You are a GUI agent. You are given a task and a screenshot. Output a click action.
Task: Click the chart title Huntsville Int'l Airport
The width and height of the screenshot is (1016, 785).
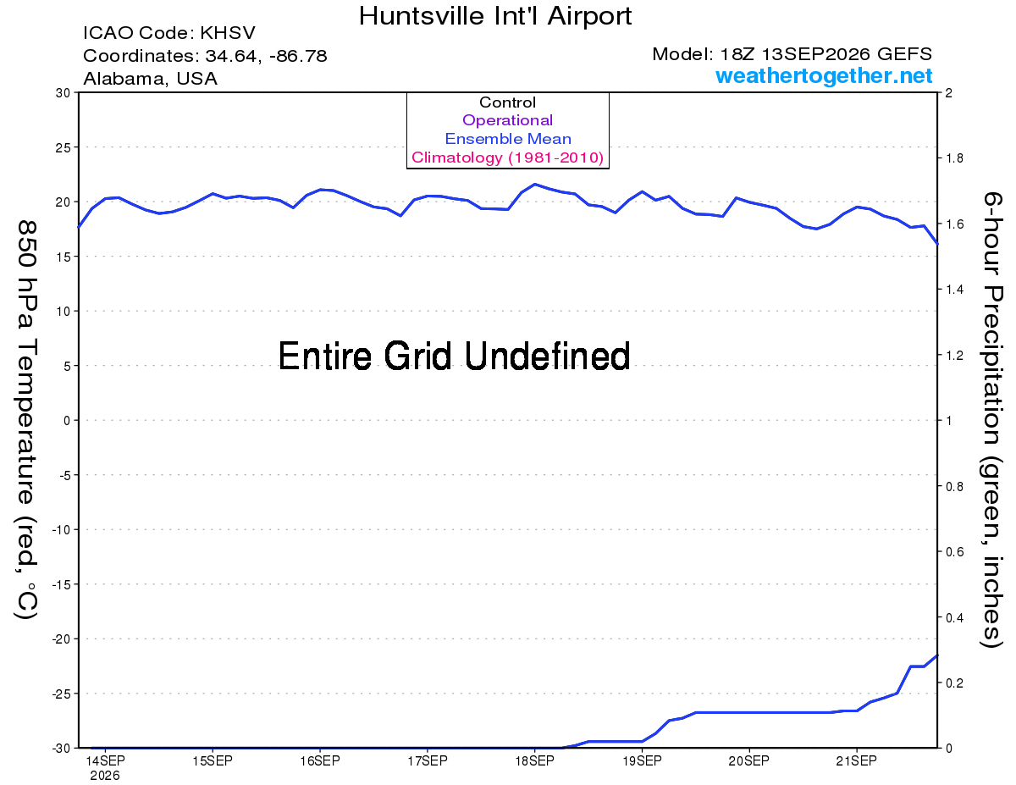pos(495,16)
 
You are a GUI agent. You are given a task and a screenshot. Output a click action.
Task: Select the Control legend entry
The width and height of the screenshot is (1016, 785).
pos(507,102)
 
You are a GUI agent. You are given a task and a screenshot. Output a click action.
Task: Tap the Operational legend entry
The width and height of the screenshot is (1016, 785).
pos(507,120)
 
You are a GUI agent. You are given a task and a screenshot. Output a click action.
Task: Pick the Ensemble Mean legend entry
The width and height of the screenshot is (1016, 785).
pos(508,138)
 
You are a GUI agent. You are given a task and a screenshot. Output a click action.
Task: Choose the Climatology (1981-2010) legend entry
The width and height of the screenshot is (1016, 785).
pos(507,158)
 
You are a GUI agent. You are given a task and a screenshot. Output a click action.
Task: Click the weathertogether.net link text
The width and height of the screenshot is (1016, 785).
pos(824,75)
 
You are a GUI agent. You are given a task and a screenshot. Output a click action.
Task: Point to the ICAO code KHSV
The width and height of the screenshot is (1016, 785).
pos(228,33)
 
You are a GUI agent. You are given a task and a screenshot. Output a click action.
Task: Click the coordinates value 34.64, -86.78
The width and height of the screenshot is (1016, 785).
pos(266,56)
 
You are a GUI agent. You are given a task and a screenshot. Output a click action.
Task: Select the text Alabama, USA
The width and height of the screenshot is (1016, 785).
pos(150,79)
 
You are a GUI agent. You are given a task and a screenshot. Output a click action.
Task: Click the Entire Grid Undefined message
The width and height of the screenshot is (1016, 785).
pos(454,357)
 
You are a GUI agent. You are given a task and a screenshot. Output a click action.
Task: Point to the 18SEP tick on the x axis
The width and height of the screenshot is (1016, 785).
pos(534,760)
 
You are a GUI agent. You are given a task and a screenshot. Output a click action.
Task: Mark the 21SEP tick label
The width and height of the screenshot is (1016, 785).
pos(857,760)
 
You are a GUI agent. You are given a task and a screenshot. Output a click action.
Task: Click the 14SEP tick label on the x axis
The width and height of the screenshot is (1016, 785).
pos(105,760)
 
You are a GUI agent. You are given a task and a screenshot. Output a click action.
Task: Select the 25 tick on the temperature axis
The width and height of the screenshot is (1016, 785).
pos(63,147)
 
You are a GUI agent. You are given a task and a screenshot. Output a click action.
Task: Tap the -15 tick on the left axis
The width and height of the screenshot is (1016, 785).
pos(61,584)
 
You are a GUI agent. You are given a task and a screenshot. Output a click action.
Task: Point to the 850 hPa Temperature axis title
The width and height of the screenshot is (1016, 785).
pos(26,421)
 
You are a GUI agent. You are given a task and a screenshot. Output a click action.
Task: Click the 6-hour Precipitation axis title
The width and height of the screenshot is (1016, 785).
pos(991,419)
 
